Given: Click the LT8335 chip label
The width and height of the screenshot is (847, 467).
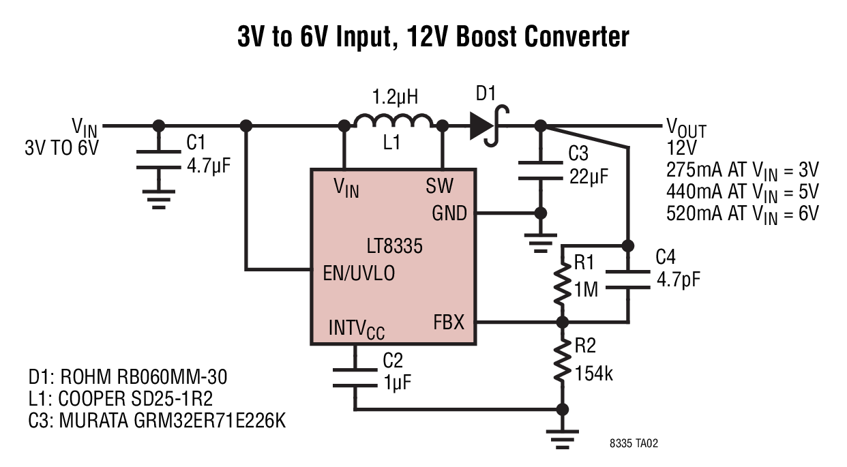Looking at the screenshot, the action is point(394,246).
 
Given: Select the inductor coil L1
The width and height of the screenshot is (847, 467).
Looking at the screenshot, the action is point(393,121).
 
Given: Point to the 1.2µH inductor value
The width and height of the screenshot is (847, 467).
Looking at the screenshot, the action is point(395,97).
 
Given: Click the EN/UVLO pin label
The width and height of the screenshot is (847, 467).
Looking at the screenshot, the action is point(359,273).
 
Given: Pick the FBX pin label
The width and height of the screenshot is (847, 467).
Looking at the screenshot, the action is point(449,322).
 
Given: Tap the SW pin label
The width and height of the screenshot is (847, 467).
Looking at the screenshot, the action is point(439,185).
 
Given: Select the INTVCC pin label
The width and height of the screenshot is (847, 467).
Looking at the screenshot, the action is point(357,329).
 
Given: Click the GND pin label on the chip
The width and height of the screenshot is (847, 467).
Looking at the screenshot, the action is point(449,213).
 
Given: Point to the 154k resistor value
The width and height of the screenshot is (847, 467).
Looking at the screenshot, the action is point(594,374).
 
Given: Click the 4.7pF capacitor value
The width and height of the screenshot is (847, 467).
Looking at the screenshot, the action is point(679,280).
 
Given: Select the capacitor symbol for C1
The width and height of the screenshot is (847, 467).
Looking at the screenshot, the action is point(159,160).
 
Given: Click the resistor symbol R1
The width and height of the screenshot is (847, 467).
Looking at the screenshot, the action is point(562,284).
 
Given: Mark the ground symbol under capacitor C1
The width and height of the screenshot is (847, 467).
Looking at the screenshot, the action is point(159,199).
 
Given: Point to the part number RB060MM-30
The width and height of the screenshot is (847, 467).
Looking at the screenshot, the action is point(172,376).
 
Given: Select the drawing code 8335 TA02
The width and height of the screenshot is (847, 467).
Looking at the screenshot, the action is point(634,443).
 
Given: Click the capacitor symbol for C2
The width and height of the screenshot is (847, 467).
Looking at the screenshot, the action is point(355,378).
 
